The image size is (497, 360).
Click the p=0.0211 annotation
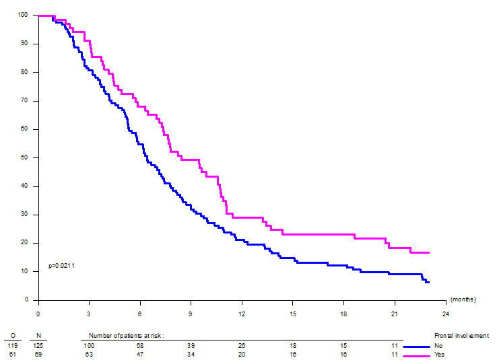61,266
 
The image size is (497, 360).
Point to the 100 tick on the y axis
23,15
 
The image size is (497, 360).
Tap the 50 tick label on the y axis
24,157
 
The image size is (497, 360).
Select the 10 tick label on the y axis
24,271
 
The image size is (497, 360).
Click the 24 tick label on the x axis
445,313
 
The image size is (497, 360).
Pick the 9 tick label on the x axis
191,313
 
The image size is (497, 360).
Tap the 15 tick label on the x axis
292,313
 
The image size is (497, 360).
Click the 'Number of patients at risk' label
126,334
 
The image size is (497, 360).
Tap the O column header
13,334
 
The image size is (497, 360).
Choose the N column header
38,334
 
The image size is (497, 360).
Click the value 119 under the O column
13,345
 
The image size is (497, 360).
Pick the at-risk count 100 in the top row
88,345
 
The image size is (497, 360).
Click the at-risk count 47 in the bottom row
139,354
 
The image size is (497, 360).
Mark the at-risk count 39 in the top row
191,345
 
